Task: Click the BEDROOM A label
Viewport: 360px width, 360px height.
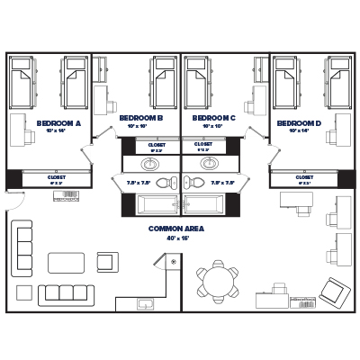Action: (59, 123)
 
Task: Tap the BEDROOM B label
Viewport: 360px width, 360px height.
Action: (140, 118)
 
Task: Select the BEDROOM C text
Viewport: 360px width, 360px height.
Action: (213, 118)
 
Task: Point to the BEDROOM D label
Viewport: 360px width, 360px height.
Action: (299, 123)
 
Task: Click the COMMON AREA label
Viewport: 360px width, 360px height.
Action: (176, 229)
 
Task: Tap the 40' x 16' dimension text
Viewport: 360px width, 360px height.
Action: (176, 238)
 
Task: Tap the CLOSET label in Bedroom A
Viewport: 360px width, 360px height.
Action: (56, 177)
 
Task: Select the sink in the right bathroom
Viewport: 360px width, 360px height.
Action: (210, 165)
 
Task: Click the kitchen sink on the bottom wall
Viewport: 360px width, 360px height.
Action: (147, 304)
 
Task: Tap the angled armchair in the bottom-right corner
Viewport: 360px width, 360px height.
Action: (333, 290)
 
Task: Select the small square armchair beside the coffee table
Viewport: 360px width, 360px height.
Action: (106, 262)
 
